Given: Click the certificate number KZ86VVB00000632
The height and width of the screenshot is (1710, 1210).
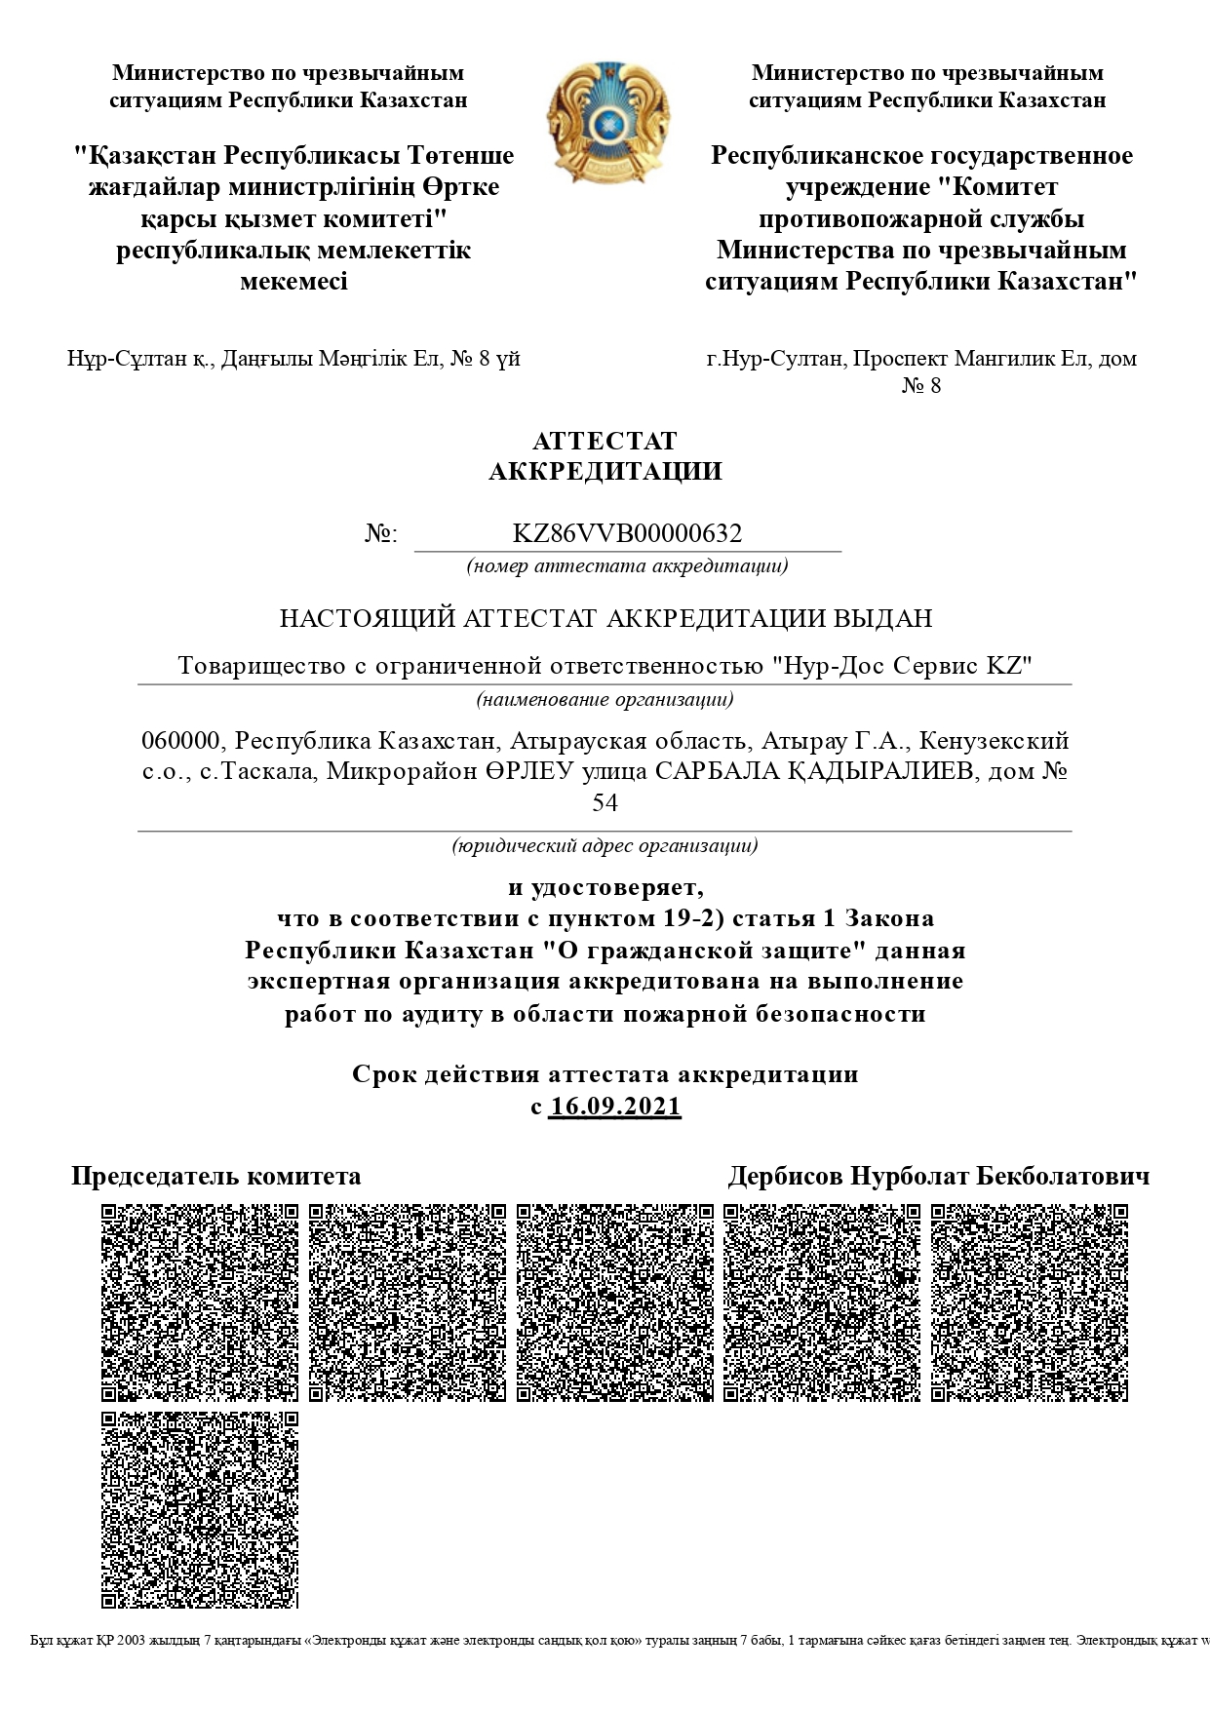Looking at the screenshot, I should tap(627, 533).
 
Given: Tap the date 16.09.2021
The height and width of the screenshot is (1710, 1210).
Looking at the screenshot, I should tap(614, 1107).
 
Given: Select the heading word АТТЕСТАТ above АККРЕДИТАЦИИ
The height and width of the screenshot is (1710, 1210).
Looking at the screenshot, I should tap(605, 442).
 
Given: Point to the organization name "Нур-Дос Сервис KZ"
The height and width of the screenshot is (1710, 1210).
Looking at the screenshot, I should tap(902, 666).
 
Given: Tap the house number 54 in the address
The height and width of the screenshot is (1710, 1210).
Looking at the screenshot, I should tap(605, 802).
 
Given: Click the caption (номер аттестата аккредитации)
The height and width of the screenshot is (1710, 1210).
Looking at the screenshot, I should tap(627, 565).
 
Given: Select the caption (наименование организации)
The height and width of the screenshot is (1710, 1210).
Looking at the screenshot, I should tap(605, 699).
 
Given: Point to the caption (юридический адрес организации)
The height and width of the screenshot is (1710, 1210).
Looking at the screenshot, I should tap(605, 845).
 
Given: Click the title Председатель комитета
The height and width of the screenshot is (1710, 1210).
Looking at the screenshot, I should tap(215, 1176).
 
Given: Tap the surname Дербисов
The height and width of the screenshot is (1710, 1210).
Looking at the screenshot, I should tap(785, 1176).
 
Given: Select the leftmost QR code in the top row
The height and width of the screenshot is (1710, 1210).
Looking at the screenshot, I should tap(200, 1302).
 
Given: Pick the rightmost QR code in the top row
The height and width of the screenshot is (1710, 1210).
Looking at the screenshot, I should tap(1029, 1302).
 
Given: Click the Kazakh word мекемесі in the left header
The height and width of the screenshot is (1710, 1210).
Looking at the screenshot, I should tap(293, 282).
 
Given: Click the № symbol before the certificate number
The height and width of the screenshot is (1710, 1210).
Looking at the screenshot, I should tap(380, 534).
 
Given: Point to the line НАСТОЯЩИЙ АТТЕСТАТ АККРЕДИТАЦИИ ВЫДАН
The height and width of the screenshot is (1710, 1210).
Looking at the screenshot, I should tap(605, 618).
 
